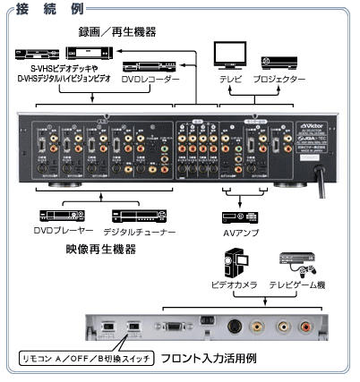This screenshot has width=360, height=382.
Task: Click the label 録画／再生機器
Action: pyautogui.click(x=116, y=32)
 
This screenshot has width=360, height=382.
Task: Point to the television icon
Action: pyautogui.click(x=225, y=58)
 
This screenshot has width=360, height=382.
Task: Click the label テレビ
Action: pyautogui.click(x=229, y=80)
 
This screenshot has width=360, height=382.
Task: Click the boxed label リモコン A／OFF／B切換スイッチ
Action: pyautogui.click(x=86, y=357)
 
